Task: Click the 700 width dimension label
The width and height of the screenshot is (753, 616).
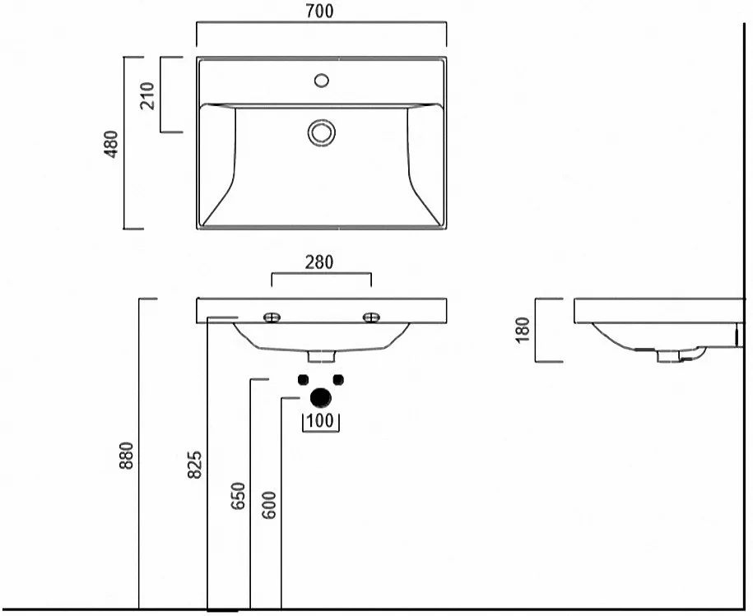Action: (x=319, y=11)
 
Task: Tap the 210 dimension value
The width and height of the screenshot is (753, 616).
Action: (x=148, y=95)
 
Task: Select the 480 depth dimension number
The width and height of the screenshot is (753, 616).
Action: (x=110, y=144)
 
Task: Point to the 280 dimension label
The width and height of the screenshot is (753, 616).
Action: (x=319, y=262)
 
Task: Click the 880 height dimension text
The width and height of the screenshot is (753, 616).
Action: (x=126, y=456)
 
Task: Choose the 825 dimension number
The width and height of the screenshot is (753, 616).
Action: (x=194, y=465)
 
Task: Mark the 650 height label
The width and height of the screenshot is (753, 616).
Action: (x=238, y=496)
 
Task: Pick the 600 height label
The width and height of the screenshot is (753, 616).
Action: (x=269, y=505)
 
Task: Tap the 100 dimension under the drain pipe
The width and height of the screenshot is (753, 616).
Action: (x=320, y=421)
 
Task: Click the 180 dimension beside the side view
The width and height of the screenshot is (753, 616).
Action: (x=523, y=330)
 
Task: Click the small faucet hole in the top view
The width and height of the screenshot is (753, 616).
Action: (x=321, y=81)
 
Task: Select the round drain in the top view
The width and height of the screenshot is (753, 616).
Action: (x=321, y=132)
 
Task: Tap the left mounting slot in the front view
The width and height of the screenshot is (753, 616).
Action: (x=272, y=317)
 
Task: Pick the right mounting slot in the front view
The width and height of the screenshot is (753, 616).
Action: (x=371, y=317)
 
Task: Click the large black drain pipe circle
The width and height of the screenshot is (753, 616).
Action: (x=321, y=398)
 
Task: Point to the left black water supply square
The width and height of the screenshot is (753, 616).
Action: (x=303, y=379)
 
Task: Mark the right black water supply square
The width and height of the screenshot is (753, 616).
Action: (x=338, y=379)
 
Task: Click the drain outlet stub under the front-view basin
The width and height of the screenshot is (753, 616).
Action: (x=321, y=356)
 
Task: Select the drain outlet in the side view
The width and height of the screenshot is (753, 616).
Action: (x=670, y=356)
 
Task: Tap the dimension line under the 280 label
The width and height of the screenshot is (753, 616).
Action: (x=321, y=273)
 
